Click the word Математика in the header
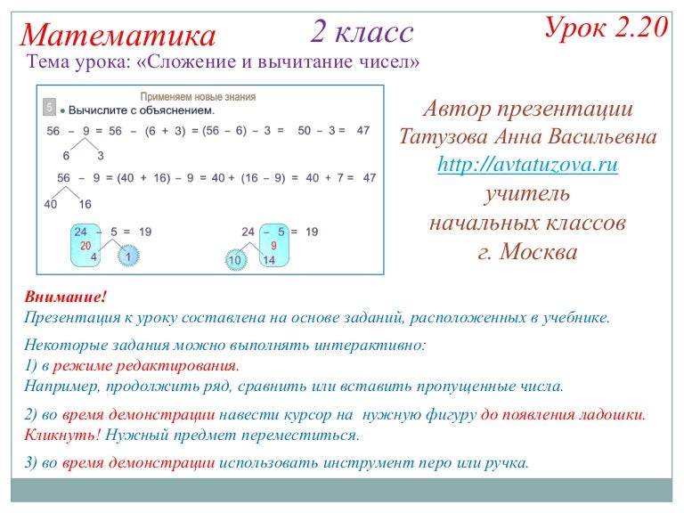(x=118, y=35)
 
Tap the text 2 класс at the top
(x=362, y=32)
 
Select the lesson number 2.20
(x=640, y=28)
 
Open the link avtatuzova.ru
(x=528, y=165)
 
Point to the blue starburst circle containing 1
(x=128, y=257)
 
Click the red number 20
(x=85, y=245)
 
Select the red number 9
(x=273, y=245)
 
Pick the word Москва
(x=540, y=251)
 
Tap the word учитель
(x=527, y=193)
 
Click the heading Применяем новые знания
(x=198, y=96)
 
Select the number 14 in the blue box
(x=269, y=260)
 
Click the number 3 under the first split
(x=101, y=155)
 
